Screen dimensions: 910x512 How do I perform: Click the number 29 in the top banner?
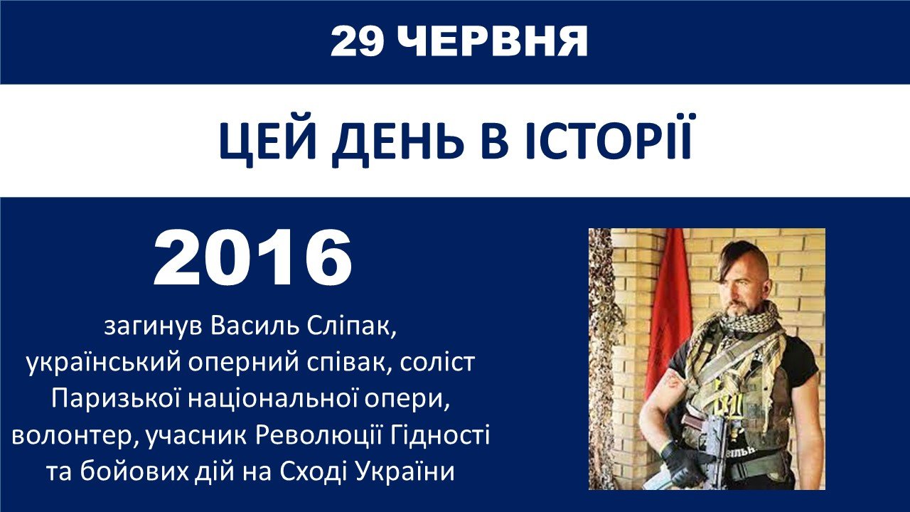pos(357,42)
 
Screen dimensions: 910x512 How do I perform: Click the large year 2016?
pos(252,258)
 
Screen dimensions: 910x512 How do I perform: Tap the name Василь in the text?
pos(255,326)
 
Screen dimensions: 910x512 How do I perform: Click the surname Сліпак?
pos(351,326)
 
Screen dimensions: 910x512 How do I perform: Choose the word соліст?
pos(437,363)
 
